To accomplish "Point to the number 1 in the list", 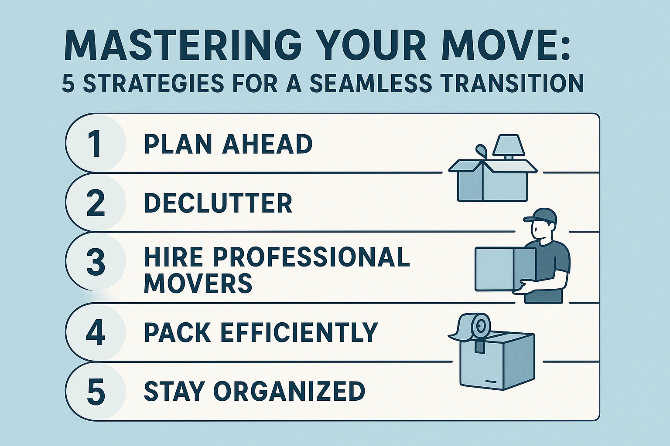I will (x=95, y=144).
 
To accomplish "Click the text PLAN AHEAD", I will (x=228, y=144).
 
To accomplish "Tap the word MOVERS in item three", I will (x=198, y=283).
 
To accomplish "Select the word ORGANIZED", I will (x=288, y=392).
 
